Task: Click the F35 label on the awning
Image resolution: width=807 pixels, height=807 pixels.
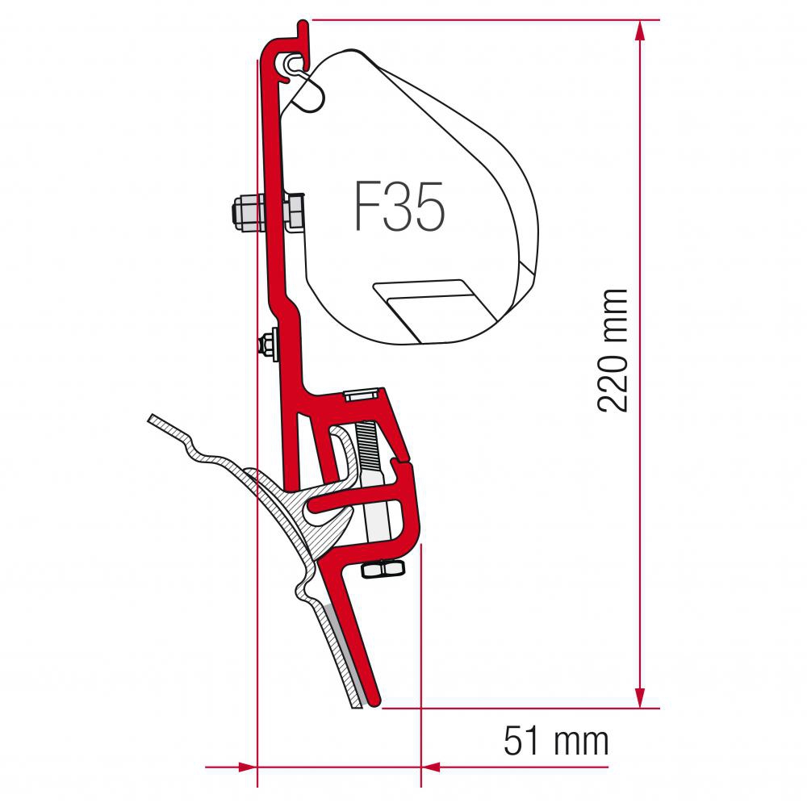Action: pyautogui.click(x=399, y=207)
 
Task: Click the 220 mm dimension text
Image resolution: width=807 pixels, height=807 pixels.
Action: pyautogui.click(x=613, y=351)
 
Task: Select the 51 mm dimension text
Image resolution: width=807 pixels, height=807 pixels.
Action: pyautogui.click(x=556, y=741)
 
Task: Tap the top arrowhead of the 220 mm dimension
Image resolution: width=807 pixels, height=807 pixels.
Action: pyautogui.click(x=640, y=31)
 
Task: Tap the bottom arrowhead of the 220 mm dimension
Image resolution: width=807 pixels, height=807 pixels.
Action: pyautogui.click(x=640, y=697)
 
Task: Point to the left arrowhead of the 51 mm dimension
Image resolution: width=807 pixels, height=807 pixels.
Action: pyautogui.click(x=247, y=767)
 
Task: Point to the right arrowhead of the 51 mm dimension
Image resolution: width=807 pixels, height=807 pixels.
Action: pyautogui.click(x=431, y=767)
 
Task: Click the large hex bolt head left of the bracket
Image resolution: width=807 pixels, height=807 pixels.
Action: pyautogui.click(x=245, y=212)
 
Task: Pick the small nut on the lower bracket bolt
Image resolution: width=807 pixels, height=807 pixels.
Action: pyautogui.click(x=267, y=343)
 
